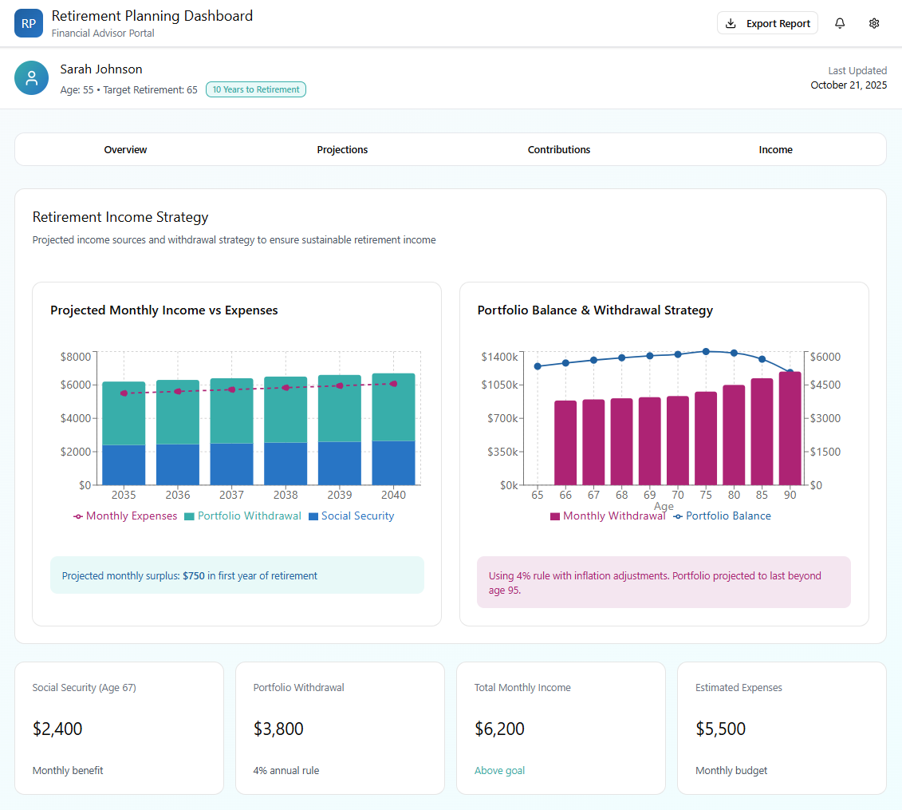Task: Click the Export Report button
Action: (767, 23)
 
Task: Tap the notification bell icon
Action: (840, 23)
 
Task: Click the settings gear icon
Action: (874, 23)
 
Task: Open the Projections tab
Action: (342, 149)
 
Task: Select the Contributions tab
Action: (559, 149)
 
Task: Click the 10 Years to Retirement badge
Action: (256, 89)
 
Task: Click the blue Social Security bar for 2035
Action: (124, 464)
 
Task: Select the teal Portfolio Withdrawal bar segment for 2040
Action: (394, 407)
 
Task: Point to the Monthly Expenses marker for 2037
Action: (231, 389)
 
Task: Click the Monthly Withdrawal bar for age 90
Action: (790, 429)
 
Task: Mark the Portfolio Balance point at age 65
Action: (538, 366)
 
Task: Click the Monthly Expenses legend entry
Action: (125, 516)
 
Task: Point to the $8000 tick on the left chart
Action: (76, 356)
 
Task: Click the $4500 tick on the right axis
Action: (827, 385)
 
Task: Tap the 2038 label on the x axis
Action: (286, 495)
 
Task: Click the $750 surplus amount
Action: (193, 575)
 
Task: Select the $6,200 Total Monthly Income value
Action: (499, 729)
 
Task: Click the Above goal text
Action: (499, 770)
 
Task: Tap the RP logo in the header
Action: (29, 23)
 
